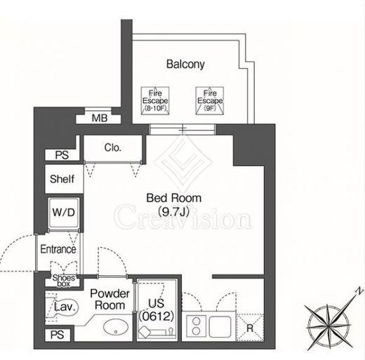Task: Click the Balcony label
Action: coord(185,64)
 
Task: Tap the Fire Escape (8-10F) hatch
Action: coord(155,101)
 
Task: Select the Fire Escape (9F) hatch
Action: coord(210,101)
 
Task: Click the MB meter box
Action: coord(99,119)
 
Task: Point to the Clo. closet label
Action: coord(113,147)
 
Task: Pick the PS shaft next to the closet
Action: coord(62,155)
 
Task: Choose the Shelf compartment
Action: coord(64,179)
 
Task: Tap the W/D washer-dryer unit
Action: coord(64,213)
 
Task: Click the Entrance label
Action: coord(58,249)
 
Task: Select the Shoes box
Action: coord(64,281)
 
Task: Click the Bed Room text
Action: coord(174,198)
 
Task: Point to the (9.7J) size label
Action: coord(173,212)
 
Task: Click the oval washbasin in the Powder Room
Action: coord(116,327)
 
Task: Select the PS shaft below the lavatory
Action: coord(58,335)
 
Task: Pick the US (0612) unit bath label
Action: coord(157,310)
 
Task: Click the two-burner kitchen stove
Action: coord(197,326)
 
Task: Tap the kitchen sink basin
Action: coord(220,326)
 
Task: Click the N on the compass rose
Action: coord(359,291)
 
